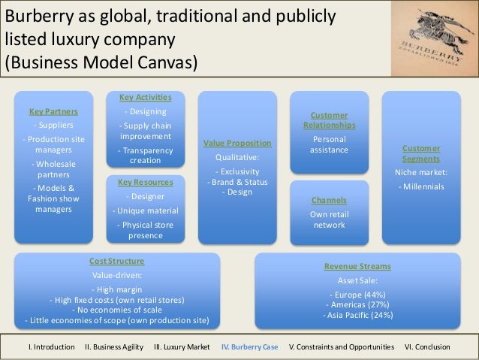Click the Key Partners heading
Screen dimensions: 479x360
[53, 111]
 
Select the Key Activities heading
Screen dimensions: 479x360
[146, 98]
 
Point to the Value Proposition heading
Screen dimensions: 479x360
[238, 143]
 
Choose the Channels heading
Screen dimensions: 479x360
[330, 201]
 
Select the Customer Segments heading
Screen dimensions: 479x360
[421, 154]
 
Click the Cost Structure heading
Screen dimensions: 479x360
[117, 261]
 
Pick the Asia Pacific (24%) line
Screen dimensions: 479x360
[357, 315]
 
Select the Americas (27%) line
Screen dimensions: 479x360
[357, 304]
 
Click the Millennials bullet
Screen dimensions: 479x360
[421, 186]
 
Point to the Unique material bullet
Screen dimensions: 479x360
[146, 210]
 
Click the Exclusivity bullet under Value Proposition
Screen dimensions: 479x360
[238, 171]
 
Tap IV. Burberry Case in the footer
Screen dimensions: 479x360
[249, 347]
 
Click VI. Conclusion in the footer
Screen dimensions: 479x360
[427, 347]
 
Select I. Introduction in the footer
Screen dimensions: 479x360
[51, 347]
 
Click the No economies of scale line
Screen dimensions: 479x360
[117, 310]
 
